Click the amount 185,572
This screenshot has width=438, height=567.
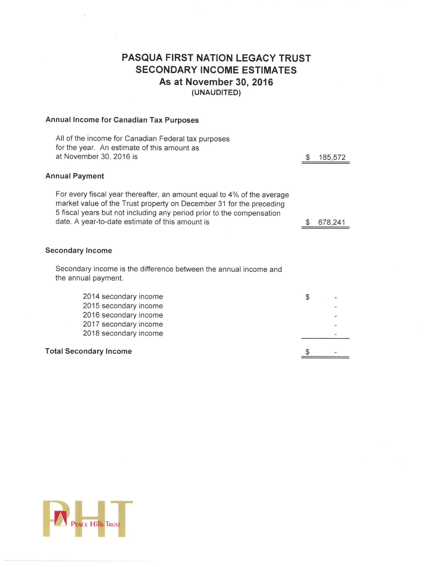point(332,157)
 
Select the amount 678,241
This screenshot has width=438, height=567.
point(332,222)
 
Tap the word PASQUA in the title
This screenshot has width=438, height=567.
point(142,58)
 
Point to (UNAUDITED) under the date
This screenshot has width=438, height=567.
point(216,93)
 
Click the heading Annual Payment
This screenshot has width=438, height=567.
point(75,176)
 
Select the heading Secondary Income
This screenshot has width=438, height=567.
point(79,251)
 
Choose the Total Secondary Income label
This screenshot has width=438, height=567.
point(88,351)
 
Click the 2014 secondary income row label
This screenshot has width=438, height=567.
point(123,296)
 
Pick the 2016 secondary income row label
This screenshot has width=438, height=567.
point(123,315)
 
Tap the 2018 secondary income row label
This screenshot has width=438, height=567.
point(123,333)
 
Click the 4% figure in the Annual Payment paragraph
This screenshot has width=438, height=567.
point(233,195)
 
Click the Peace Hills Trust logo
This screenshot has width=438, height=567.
point(88,519)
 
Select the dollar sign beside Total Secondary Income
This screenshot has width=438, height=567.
point(307,352)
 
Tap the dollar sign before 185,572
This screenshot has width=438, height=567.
point(308,157)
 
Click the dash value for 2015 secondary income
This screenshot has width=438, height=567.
point(336,307)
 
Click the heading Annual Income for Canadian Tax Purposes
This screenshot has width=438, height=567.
point(122,120)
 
